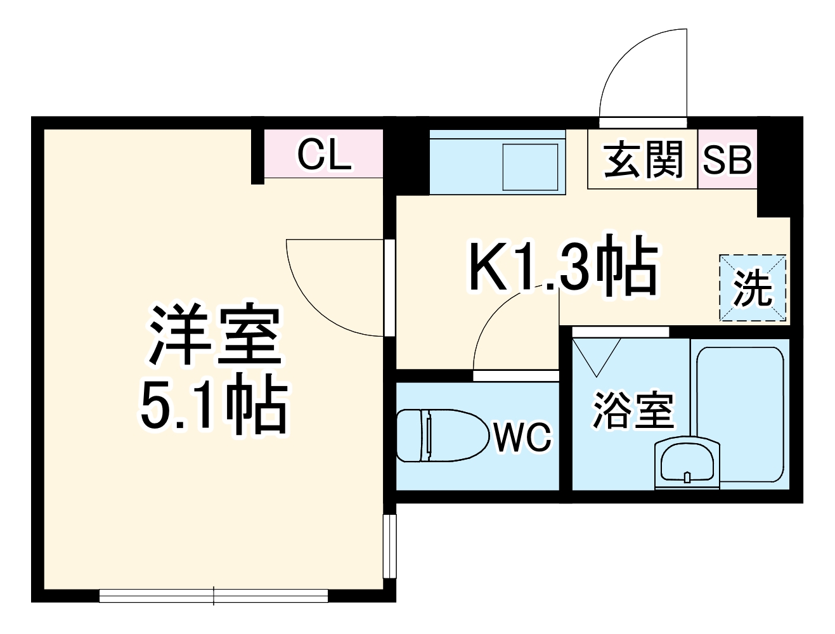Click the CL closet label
324,155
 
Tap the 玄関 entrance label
643,159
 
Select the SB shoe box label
727,160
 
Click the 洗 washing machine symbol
753,288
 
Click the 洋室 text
215,335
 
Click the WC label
523,437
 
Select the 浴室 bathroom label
632,410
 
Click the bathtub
741,412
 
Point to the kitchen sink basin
530,166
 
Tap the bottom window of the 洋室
214,596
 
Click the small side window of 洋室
390,545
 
